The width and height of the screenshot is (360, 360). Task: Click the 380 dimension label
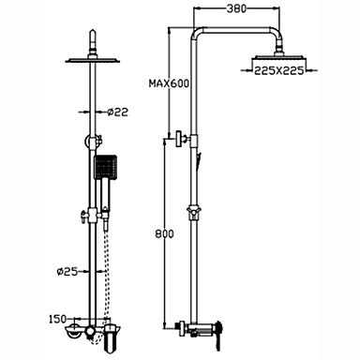coord(236,8)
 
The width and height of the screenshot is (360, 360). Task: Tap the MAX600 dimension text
coord(169,83)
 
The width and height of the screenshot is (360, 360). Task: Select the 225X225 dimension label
coord(278,70)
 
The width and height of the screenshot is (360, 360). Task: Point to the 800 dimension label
coord(164,233)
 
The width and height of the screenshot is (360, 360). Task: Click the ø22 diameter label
coord(117,112)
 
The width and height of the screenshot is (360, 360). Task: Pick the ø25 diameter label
coord(67,271)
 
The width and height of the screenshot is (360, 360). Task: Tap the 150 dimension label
coord(58,319)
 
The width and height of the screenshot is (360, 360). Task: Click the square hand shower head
coord(106,167)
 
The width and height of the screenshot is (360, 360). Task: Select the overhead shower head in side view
coord(279,58)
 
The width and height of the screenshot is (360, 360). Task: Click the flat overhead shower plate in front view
coord(93,60)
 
